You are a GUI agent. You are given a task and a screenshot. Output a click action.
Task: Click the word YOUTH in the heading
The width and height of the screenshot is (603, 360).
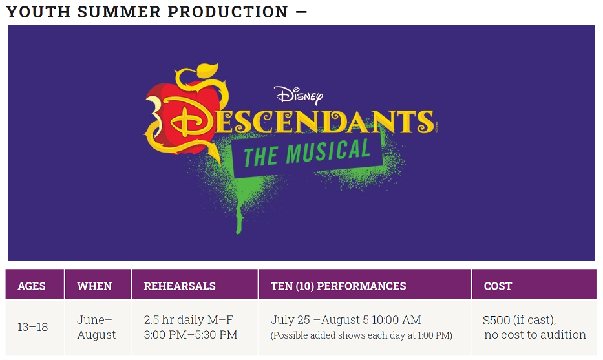[x=38, y=12]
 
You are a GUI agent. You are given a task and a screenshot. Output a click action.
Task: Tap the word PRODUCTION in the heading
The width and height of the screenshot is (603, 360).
[x=228, y=12]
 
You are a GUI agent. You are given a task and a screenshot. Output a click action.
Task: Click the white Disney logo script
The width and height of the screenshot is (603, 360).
[x=299, y=95]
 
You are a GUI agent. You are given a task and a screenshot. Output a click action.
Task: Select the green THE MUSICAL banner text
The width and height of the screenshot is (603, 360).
[x=307, y=153]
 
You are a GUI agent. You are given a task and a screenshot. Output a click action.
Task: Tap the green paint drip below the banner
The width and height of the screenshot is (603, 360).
[x=239, y=215]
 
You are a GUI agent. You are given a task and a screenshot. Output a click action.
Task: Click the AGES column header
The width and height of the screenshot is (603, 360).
[x=32, y=286]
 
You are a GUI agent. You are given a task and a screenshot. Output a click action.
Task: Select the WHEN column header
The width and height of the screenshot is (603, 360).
[x=94, y=286]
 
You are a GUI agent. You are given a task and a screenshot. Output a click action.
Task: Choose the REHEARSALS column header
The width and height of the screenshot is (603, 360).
[x=180, y=286]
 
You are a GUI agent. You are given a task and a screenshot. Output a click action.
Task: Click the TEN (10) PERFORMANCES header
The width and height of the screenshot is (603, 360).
[x=339, y=286]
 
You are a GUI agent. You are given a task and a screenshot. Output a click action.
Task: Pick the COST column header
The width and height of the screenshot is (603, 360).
[x=498, y=286]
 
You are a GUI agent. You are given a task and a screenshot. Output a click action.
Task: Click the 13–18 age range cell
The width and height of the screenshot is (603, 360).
[x=33, y=327]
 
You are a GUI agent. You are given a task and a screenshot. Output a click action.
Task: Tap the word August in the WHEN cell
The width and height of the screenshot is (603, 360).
[x=96, y=335]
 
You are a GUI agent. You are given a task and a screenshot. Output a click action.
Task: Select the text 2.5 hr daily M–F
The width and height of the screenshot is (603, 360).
[x=189, y=320]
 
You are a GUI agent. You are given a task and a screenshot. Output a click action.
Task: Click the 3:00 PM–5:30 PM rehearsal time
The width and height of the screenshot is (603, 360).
[x=191, y=335]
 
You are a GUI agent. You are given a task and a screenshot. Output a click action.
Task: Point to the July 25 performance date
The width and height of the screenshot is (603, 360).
[x=290, y=320]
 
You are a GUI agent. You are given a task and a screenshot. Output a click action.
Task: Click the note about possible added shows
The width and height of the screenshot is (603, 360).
[x=361, y=335]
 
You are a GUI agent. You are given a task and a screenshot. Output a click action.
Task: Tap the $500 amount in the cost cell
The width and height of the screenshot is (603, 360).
[x=496, y=320]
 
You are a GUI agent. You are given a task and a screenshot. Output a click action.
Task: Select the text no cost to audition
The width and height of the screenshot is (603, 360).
[x=535, y=335]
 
